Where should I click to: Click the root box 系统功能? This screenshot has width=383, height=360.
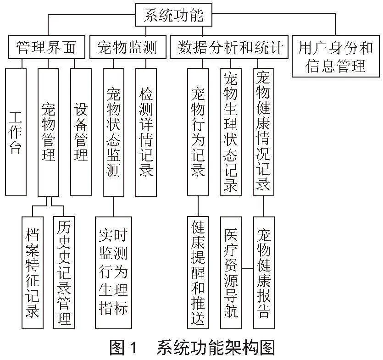174,15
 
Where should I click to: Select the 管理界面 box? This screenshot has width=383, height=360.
46,47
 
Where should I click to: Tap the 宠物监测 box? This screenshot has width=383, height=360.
128,47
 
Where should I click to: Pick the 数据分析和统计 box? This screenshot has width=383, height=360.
229,47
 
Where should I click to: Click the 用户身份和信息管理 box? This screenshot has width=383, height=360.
336,56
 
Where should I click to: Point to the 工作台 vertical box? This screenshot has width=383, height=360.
16,132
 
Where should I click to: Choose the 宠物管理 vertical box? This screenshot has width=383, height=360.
48,132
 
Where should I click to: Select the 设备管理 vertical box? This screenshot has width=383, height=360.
81,132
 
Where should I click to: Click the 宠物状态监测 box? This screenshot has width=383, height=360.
113,132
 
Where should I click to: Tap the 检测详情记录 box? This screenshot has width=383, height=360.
146,132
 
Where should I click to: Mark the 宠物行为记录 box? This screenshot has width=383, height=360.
198,132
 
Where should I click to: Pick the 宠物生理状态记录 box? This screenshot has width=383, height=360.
231,132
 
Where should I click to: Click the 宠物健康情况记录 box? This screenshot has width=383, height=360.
263,132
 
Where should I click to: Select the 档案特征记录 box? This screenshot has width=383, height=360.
33,272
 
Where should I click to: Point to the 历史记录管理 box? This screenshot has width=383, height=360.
64,272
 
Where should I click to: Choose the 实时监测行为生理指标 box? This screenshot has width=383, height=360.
113,272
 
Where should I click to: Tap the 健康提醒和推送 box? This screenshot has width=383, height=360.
198,272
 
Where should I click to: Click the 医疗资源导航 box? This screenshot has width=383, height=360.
231,272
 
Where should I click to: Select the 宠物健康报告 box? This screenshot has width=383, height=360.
264,272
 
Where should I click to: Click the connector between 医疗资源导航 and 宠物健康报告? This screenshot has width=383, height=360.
247,269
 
